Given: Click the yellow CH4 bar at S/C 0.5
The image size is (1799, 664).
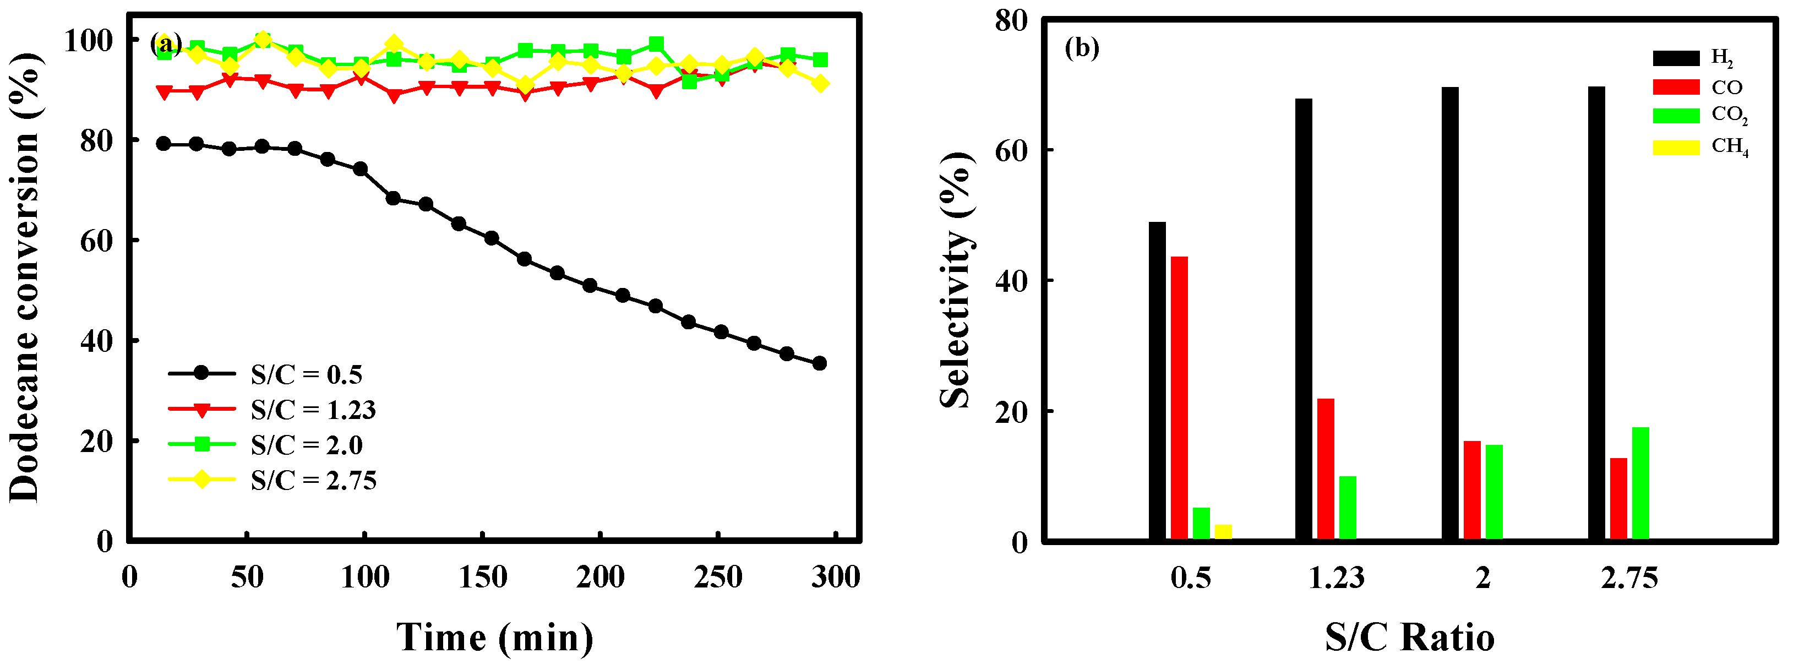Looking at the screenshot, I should click(1224, 532).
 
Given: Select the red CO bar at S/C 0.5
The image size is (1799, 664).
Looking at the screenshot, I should click(1180, 398).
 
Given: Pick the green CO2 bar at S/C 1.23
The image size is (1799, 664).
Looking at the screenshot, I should click(1348, 508).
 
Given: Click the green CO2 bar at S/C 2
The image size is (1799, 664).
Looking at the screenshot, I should click(1494, 492).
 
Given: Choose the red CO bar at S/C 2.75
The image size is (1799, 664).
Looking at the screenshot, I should click(1619, 498).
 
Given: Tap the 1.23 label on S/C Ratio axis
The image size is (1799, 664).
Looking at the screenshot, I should click(1336, 578).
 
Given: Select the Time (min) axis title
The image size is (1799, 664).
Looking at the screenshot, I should click(494, 638).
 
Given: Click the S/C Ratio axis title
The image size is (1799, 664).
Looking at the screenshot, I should click(1409, 638).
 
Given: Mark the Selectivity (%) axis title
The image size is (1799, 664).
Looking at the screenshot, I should click(955, 279).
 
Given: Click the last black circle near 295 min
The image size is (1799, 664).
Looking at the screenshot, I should click(819, 363).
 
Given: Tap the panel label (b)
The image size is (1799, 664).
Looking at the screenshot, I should click(1082, 48).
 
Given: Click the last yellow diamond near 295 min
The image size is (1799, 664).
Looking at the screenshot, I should click(821, 84).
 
